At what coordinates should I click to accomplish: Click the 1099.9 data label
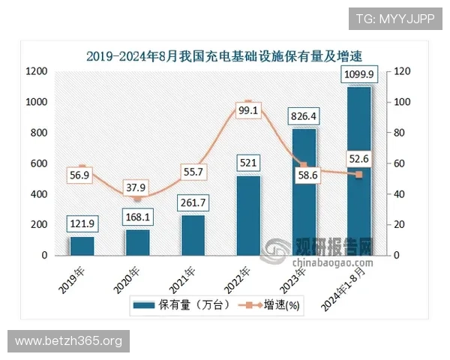[x=359, y=74]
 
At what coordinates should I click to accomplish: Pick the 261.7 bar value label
[x=193, y=203]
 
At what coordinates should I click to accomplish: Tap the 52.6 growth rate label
[x=359, y=157]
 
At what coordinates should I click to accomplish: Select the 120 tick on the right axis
[x=403, y=72]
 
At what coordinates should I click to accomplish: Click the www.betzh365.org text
[x=68, y=341]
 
